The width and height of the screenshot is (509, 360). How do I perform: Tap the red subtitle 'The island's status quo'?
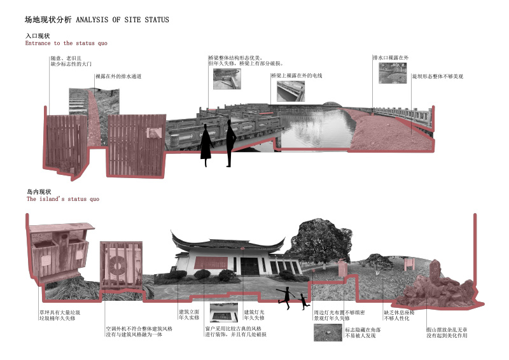pos(62,199)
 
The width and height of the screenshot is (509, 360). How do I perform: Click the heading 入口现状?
pos(38,36)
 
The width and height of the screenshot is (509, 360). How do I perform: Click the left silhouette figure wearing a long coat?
pos(206,145)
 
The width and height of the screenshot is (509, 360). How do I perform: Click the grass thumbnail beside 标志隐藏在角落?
pos(328,333)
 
